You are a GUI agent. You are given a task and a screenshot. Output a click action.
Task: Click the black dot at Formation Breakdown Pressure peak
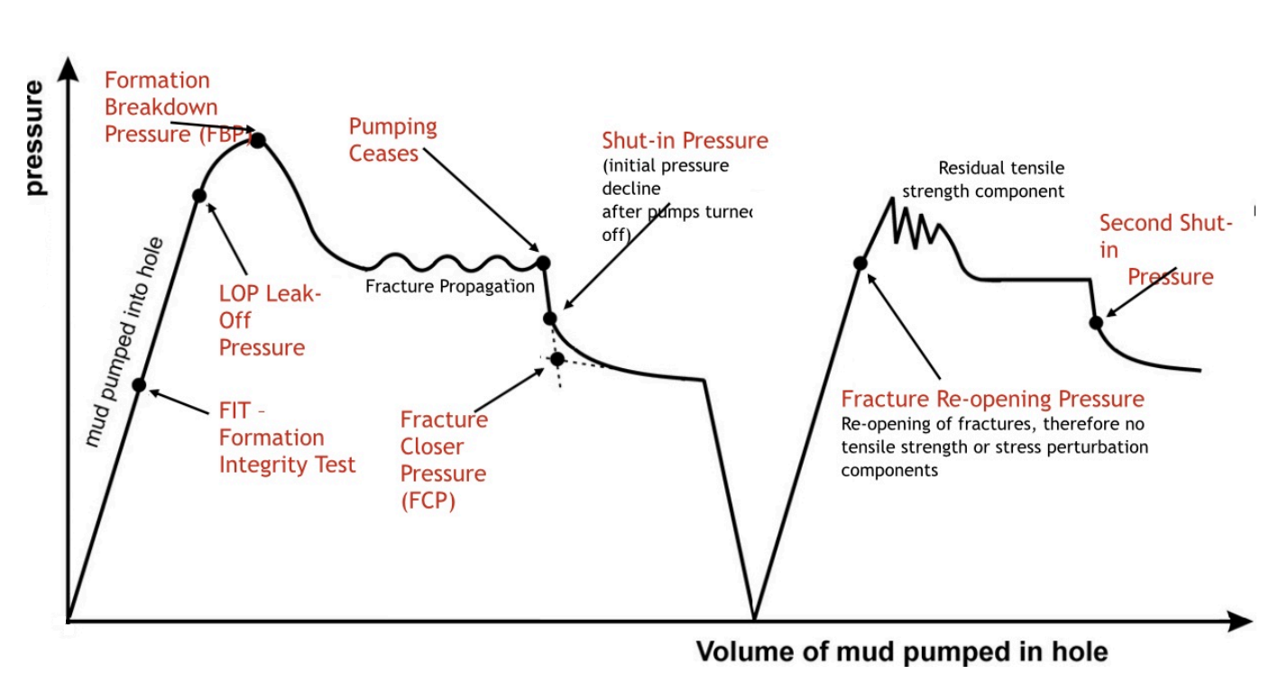tap(258, 140)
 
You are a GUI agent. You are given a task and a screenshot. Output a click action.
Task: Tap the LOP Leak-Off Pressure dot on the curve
tap(199, 196)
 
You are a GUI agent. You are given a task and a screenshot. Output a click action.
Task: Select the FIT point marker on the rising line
tap(139, 385)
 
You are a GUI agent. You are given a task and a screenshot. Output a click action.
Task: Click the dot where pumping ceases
tap(543, 263)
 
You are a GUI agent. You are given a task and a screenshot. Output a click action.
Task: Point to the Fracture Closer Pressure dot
tap(557, 359)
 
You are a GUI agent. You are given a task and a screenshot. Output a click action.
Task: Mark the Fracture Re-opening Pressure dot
tap(860, 263)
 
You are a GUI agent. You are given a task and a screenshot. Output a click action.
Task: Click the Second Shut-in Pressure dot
tap(1096, 322)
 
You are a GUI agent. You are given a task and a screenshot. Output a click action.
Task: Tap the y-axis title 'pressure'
tap(34, 137)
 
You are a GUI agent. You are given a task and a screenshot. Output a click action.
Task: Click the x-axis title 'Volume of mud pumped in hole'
tap(901, 651)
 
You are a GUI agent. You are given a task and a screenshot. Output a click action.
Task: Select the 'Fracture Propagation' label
tap(450, 286)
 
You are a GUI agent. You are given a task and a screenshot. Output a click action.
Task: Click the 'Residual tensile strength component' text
tap(983, 180)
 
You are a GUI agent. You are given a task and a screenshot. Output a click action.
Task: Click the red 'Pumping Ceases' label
tap(392, 140)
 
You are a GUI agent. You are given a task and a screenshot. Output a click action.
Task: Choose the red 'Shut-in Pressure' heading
tap(685, 141)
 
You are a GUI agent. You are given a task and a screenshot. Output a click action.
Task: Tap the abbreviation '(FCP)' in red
tap(428, 501)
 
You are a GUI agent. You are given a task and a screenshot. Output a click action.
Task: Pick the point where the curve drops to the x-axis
tap(754, 619)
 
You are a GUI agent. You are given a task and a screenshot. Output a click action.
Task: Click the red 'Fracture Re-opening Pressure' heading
tap(992, 400)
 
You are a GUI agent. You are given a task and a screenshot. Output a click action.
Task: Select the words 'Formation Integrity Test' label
tap(287, 451)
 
